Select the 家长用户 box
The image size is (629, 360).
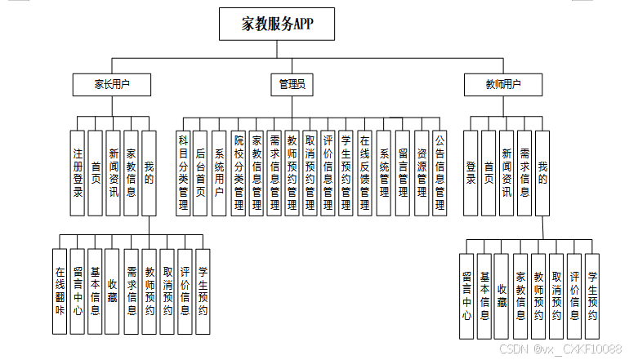tap(112, 83)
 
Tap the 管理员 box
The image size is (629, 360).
tap(292, 83)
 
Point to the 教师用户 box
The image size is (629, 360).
tap(502, 83)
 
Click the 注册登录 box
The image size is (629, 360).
tap(77, 172)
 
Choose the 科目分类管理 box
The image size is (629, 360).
tap(184, 172)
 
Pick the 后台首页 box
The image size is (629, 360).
tap(200, 172)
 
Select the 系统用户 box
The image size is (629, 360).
tap(219, 172)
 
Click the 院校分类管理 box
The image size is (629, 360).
tap(239, 172)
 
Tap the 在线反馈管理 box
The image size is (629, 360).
tap(365, 172)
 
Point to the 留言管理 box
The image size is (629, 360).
tap(403, 172)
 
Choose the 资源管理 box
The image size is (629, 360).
tap(422, 172)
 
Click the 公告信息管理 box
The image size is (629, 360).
tap(439, 172)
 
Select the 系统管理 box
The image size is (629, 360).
tap(384, 172)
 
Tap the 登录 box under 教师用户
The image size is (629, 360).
tap(471, 172)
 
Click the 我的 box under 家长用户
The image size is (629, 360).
tap(148, 172)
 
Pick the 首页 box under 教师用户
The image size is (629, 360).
tap(488, 172)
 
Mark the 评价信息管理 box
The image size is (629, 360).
tap(328, 172)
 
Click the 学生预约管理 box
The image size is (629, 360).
tap(346, 172)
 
